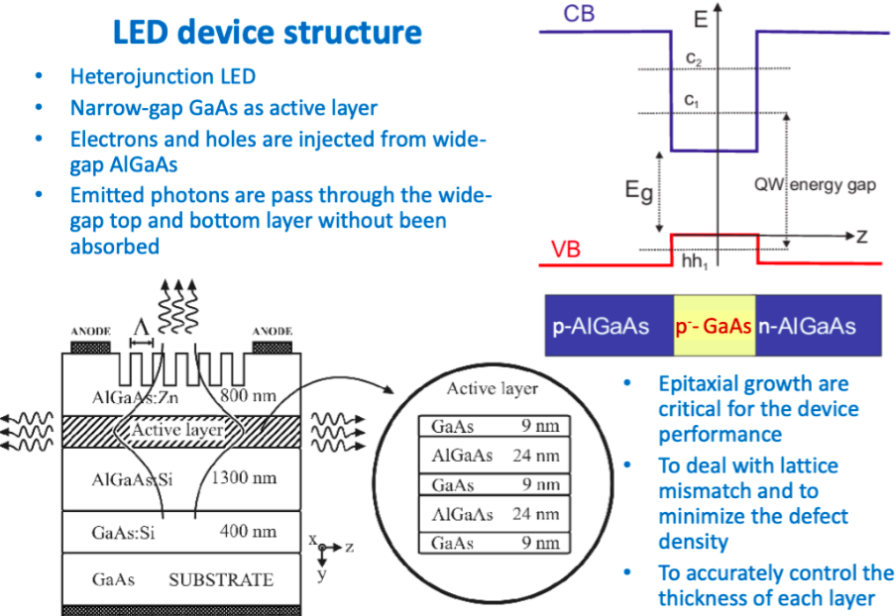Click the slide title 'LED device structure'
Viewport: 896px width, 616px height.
click(267, 32)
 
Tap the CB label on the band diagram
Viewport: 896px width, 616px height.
click(580, 14)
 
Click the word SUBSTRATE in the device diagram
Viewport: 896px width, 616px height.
click(220, 579)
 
